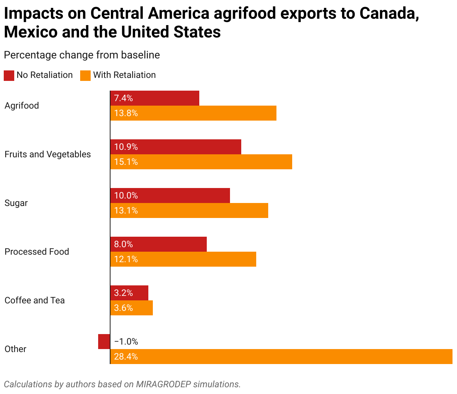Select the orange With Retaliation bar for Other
[x=281, y=357]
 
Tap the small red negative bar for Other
[x=104, y=342]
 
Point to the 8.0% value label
[x=124, y=244]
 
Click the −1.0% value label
[x=126, y=342]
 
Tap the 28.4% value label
[x=126, y=357]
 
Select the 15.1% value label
[x=126, y=162]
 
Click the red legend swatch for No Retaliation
[x=9, y=75]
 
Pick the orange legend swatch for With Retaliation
[x=85, y=75]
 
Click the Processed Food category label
[x=37, y=252]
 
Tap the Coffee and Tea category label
[x=34, y=300]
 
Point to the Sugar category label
[x=16, y=203]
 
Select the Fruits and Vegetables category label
[x=48, y=154]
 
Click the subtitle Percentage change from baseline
[x=82, y=55]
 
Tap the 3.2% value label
[x=124, y=293]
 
